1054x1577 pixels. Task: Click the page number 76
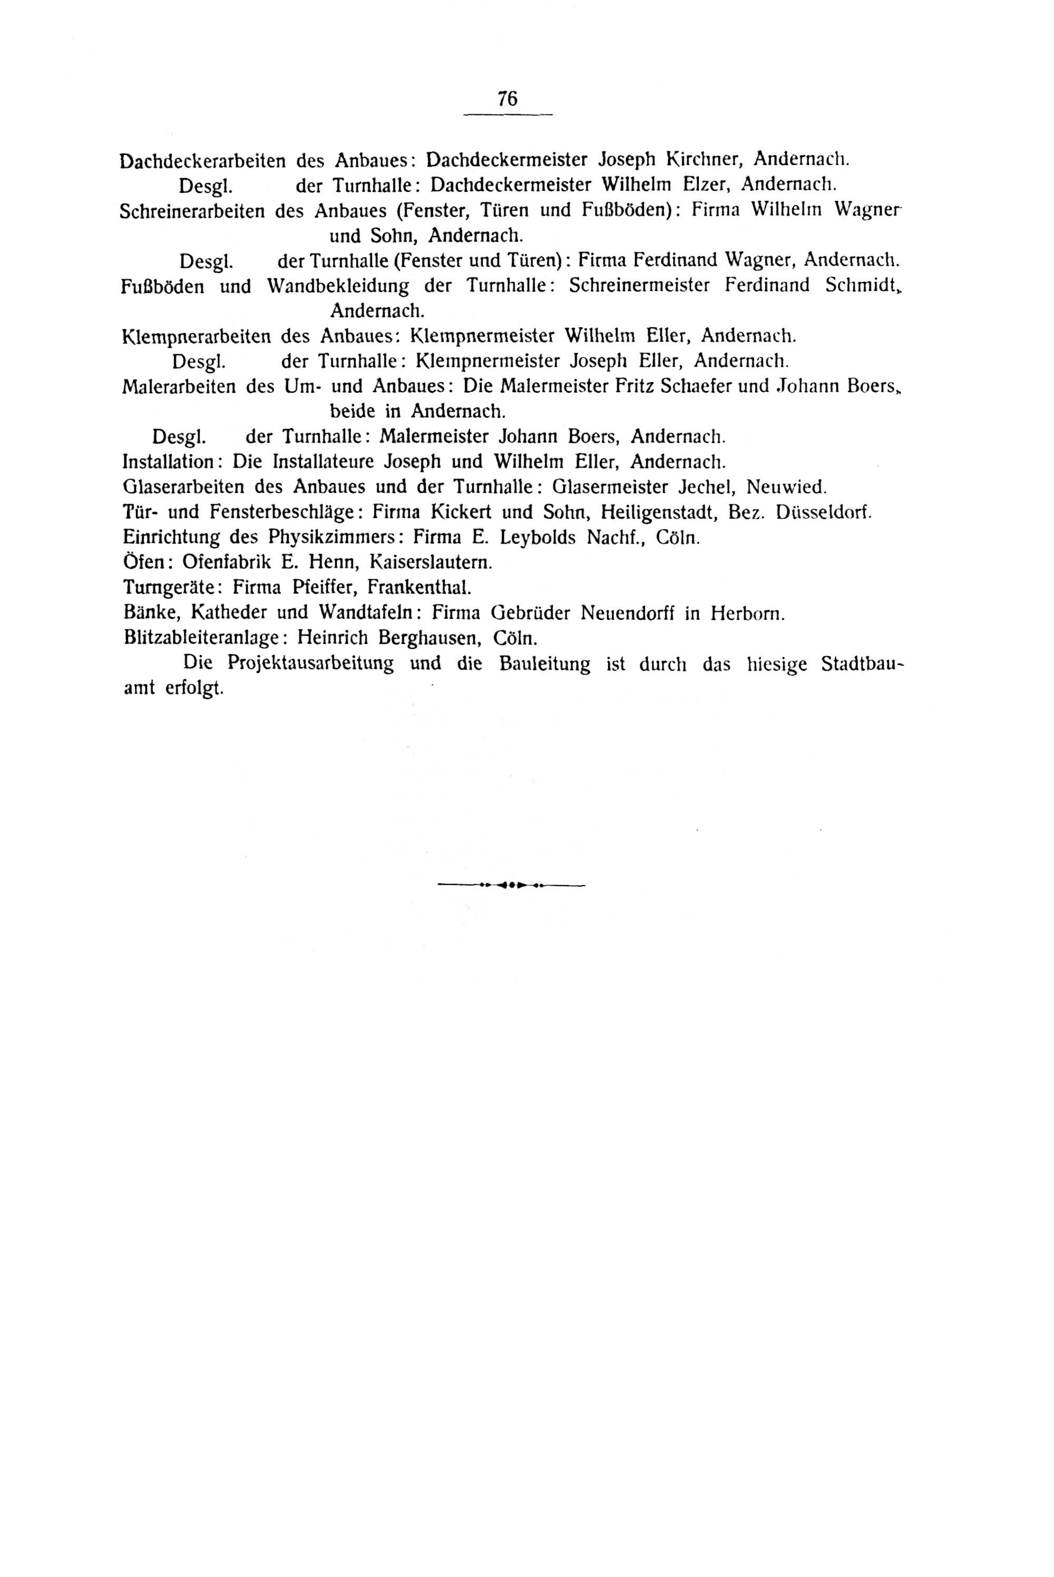click(508, 99)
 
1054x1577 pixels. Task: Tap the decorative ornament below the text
click(512, 885)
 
